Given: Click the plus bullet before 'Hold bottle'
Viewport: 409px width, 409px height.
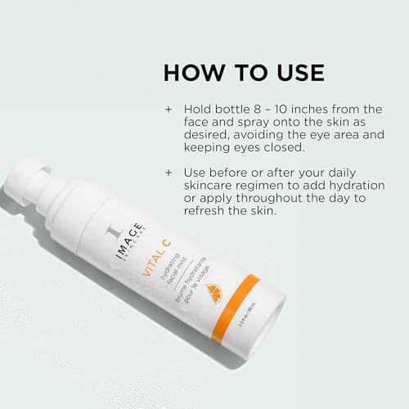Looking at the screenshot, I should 169,109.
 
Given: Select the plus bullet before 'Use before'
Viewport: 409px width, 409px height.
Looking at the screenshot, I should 169,173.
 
